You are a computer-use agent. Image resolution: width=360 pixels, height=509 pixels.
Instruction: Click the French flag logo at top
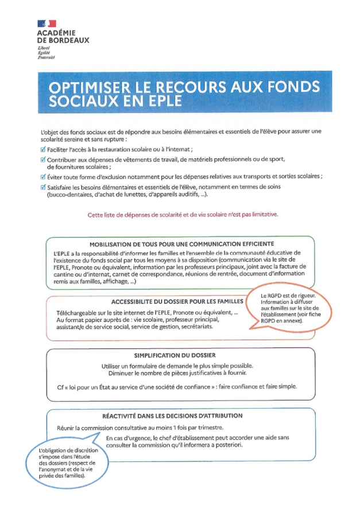47,23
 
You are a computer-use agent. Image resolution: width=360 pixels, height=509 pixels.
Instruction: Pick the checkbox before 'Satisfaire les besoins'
43,187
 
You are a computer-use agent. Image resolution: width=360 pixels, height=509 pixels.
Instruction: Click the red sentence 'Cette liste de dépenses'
183,214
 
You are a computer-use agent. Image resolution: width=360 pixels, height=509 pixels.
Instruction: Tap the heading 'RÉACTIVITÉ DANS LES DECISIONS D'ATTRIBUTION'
172,415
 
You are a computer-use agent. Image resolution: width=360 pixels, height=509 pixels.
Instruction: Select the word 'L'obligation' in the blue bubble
55,450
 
